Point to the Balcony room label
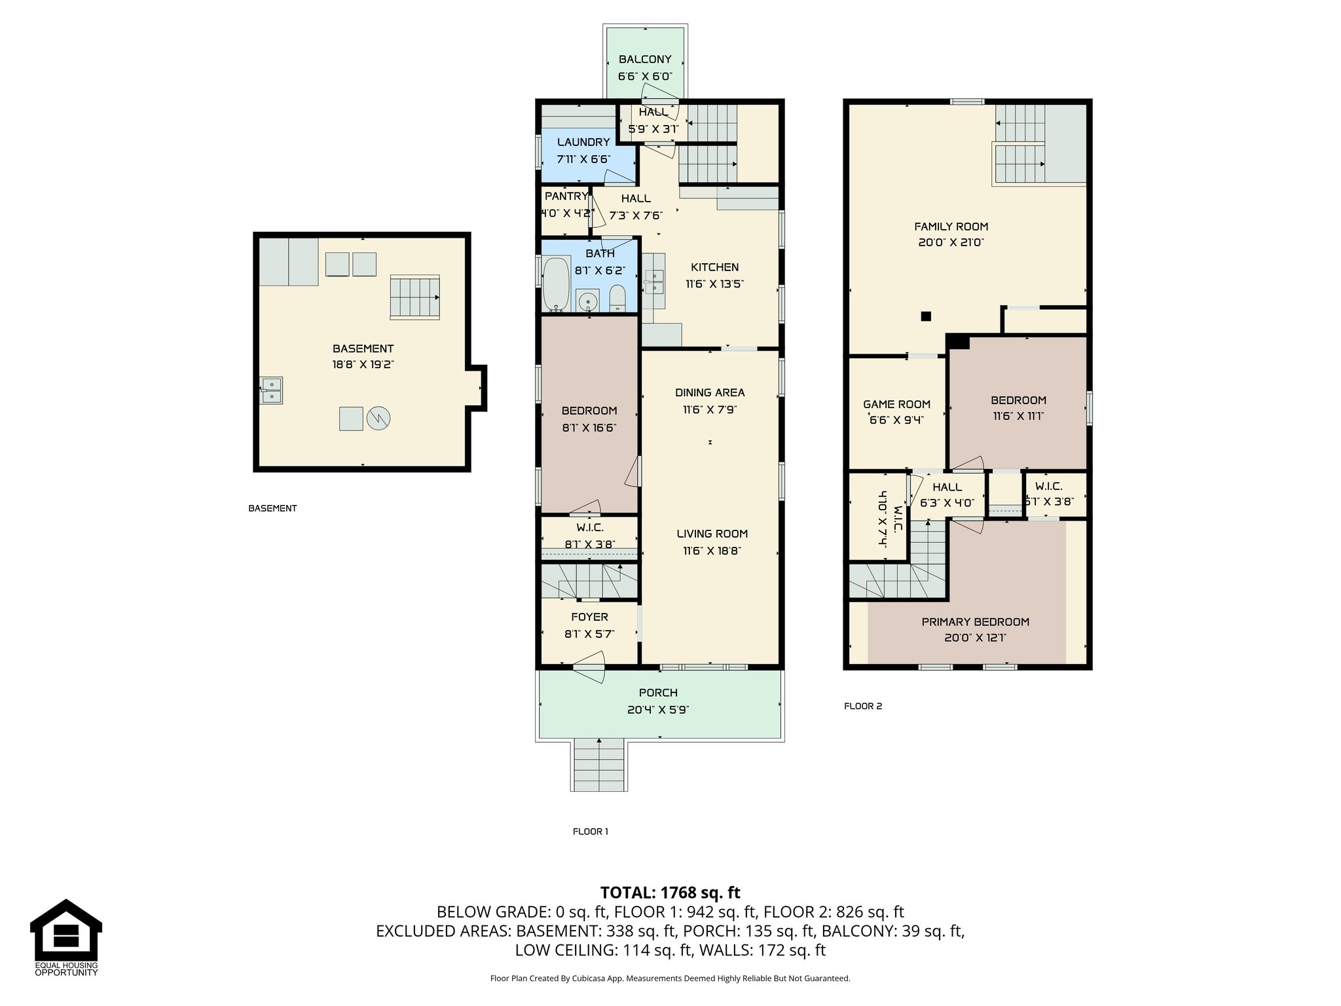click(645, 60)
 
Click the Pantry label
click(566, 196)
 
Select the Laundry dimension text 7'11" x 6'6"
click(583, 159)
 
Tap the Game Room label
click(896, 404)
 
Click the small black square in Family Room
click(926, 316)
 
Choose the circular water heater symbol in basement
click(378, 419)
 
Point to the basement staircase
click(415, 297)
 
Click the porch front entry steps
click(599, 765)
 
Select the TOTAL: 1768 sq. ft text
click(670, 892)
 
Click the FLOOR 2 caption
click(863, 706)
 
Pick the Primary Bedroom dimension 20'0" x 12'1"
click(975, 637)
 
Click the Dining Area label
click(710, 392)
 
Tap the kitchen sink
click(653, 282)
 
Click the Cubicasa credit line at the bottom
click(670, 978)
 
